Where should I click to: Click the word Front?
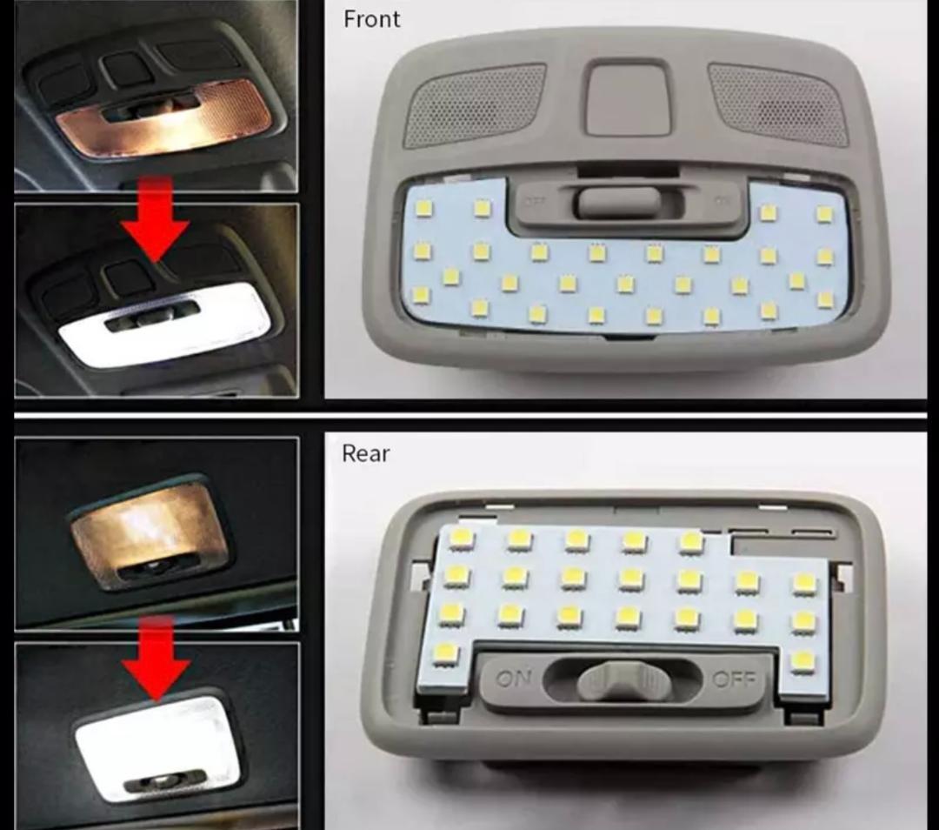point(371,19)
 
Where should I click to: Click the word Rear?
point(365,453)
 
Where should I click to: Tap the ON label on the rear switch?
point(513,679)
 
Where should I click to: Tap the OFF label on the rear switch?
point(733,679)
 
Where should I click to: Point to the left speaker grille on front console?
point(476,104)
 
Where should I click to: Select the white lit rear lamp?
point(156,744)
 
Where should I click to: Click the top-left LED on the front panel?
point(423,208)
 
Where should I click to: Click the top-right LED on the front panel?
point(823,214)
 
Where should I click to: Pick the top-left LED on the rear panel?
point(461,538)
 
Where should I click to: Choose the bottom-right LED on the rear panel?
point(803,661)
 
